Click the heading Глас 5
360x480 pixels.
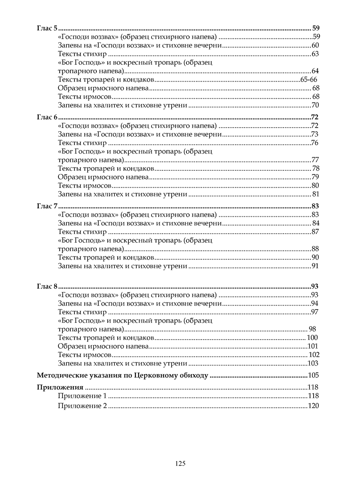point(47,28)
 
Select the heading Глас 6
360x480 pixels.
point(47,117)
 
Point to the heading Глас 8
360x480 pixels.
point(47,286)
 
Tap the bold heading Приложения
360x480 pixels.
point(60,387)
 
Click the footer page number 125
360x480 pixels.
point(180,464)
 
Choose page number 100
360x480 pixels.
point(312,338)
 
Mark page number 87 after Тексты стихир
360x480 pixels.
point(315,232)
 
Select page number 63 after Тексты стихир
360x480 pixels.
point(315,54)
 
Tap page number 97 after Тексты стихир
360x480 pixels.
point(315,312)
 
